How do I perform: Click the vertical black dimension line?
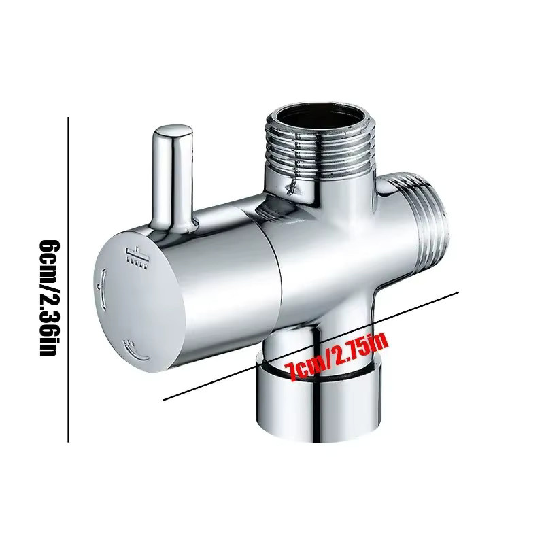click(x=69, y=279)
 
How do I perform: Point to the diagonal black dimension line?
click(x=311, y=346)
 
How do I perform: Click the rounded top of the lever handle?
click(x=173, y=131)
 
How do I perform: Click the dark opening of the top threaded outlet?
click(x=319, y=116)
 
